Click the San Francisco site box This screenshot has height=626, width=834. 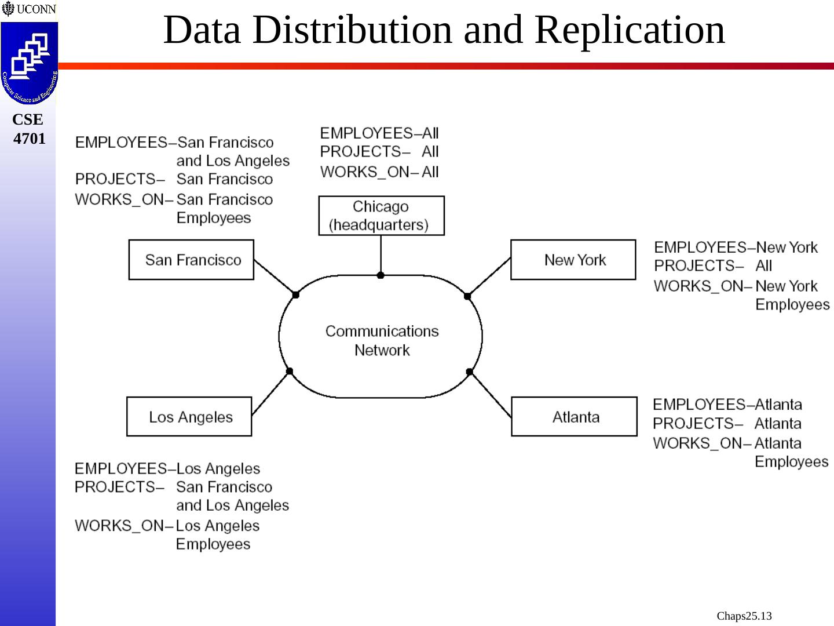pyautogui.click(x=191, y=260)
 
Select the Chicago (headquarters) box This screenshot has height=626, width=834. pyautogui.click(x=381, y=216)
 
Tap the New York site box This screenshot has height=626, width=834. pyautogui.click(x=573, y=260)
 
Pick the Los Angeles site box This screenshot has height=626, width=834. pyautogui.click(x=189, y=417)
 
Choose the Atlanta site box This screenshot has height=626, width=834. pyautogui.click(x=574, y=417)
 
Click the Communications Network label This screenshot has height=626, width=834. pyautogui.click(x=382, y=340)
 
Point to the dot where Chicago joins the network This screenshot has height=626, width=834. pyautogui.click(x=381, y=275)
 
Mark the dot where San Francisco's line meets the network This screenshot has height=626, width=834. pyautogui.click(x=295, y=295)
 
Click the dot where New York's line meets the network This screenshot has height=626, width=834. pyautogui.click(x=467, y=296)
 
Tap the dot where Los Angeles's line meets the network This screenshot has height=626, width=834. pyautogui.click(x=290, y=372)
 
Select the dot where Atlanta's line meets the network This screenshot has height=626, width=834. pyautogui.click(x=469, y=372)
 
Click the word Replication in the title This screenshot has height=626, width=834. pyautogui.click(x=630, y=30)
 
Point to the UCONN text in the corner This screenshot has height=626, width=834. pyautogui.click(x=36, y=9)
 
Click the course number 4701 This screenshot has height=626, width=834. pyautogui.click(x=29, y=139)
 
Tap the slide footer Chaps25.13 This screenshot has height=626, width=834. pyautogui.click(x=744, y=616)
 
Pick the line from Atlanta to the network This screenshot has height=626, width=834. pyautogui.click(x=491, y=395)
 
